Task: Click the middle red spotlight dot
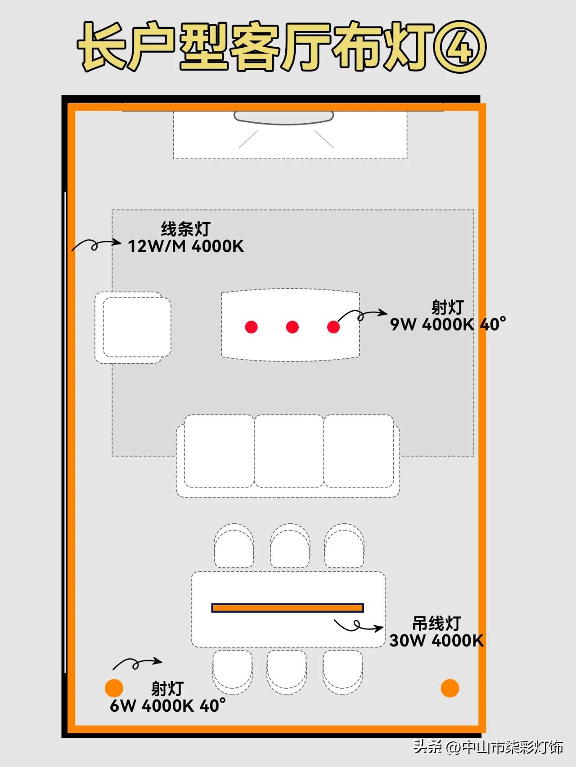[292, 327]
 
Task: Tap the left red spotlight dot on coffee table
[251, 327]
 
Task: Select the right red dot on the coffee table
[333, 327]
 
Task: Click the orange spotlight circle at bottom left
[114, 688]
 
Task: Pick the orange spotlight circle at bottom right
[450, 688]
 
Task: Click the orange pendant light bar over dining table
[288, 608]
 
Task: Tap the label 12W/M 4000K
[186, 246]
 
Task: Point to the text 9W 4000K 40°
[448, 324]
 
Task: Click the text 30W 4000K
[436, 640]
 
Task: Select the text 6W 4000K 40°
[168, 705]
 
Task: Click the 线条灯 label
[186, 229]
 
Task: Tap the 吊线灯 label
[436, 623]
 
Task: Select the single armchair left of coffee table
[133, 327]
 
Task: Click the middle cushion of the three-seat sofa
[289, 451]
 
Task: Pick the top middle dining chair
[290, 546]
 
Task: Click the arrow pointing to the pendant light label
[358, 625]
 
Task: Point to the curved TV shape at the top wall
[283, 118]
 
